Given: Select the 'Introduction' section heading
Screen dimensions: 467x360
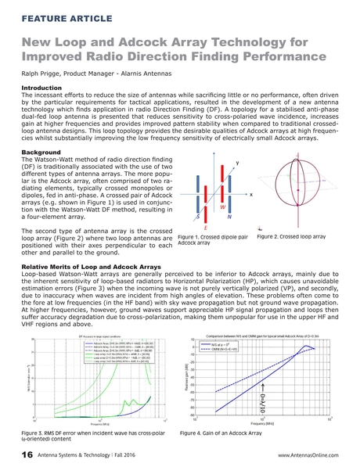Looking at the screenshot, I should pos(45,88).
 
